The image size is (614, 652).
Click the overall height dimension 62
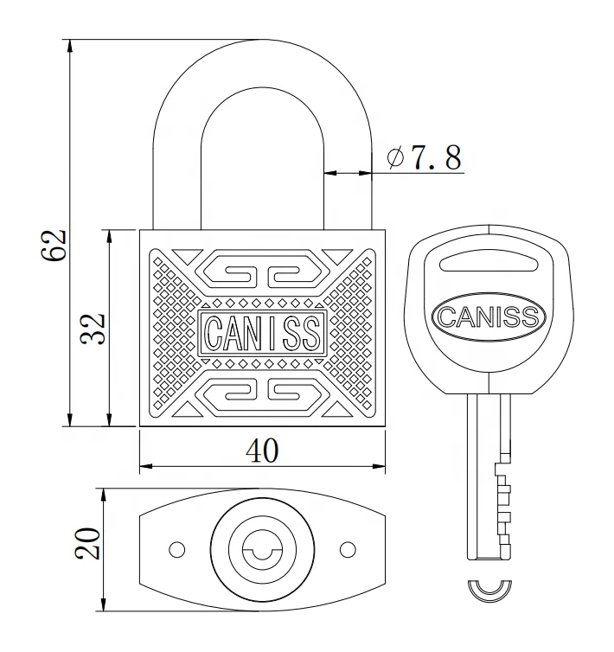pos(53,245)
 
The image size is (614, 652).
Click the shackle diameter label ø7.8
pos(424,157)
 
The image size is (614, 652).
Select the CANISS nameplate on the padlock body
pos(261,330)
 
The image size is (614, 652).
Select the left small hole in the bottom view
pos(176,549)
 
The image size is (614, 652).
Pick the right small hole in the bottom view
pos(348,549)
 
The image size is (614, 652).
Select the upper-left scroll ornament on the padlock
pos(230,273)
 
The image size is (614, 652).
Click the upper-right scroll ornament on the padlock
pos(292,273)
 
